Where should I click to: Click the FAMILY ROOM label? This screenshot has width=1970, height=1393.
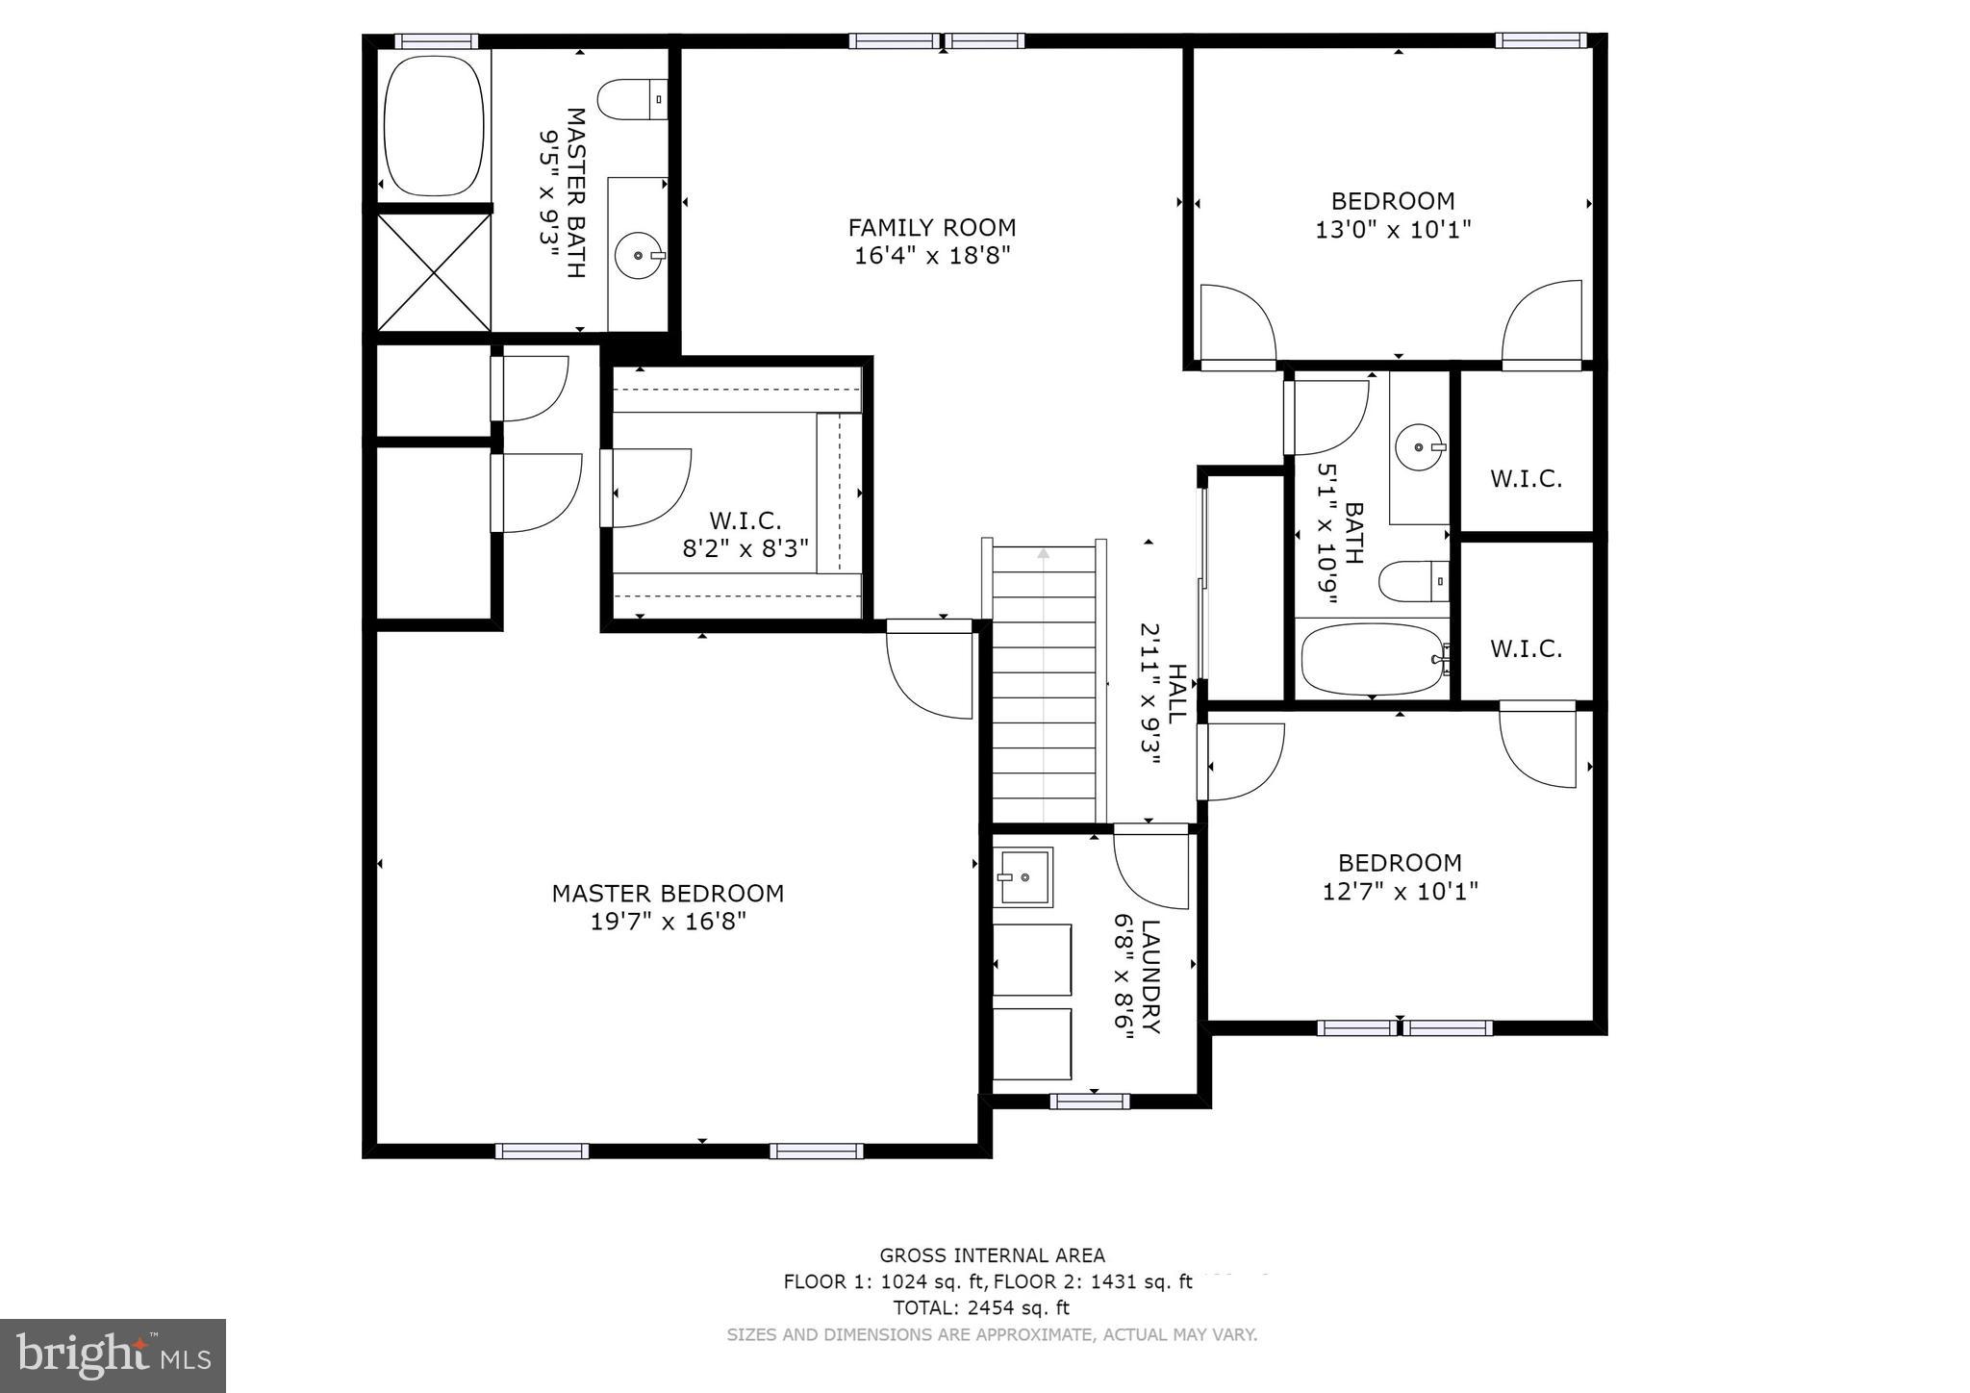pyautogui.click(x=931, y=228)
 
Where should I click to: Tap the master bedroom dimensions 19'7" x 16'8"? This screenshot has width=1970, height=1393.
pyautogui.click(x=668, y=922)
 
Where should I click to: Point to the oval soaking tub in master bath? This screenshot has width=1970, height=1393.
pyautogui.click(x=433, y=125)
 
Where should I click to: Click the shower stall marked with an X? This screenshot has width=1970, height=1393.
pyautogui.click(x=434, y=272)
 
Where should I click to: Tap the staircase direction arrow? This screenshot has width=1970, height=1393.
pyautogui.click(x=1044, y=554)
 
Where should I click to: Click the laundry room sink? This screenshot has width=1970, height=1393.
pyautogui.click(x=1025, y=876)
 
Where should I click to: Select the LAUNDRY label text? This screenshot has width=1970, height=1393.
pyautogui.click(x=1150, y=976)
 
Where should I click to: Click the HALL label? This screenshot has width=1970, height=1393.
pyautogui.click(x=1176, y=693)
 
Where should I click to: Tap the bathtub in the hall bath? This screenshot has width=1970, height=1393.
pyautogui.click(x=1372, y=659)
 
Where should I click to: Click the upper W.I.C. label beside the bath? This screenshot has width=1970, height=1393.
pyautogui.click(x=1526, y=478)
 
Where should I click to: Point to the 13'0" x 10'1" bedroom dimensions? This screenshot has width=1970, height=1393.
pyautogui.click(x=1392, y=230)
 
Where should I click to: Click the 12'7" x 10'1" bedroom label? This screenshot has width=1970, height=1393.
pyautogui.click(x=1400, y=863)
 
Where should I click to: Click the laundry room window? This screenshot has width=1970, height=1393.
pyautogui.click(x=1089, y=1102)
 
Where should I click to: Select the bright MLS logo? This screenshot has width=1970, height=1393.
pyautogui.click(x=113, y=1355)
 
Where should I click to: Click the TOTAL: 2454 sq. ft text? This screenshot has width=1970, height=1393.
pyautogui.click(x=980, y=1307)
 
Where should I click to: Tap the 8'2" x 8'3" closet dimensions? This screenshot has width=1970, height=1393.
pyautogui.click(x=745, y=548)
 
